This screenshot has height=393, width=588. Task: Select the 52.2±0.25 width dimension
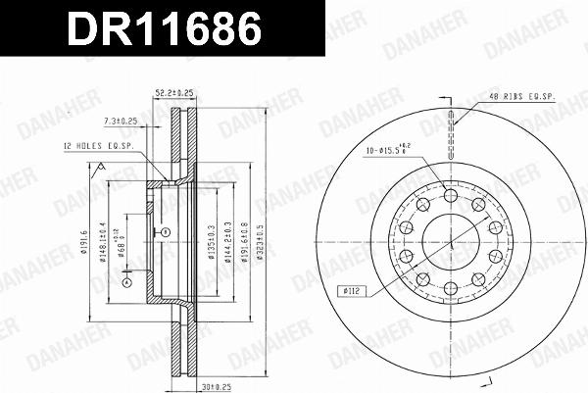[x=174, y=93]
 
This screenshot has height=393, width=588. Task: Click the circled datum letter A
[x=125, y=282]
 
